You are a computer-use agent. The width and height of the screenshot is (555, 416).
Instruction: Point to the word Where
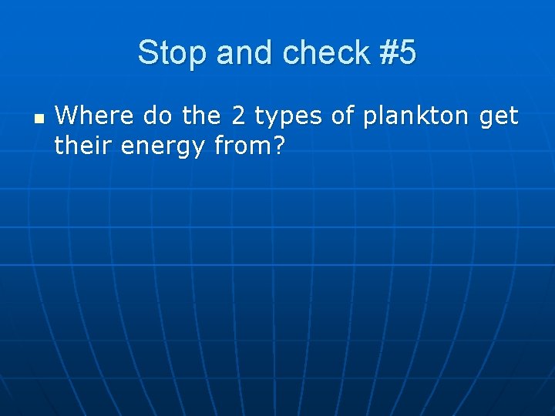tap(87, 117)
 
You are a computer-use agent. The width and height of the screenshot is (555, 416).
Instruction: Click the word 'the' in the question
tap(201, 117)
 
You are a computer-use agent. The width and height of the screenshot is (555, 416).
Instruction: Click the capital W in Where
tap(67, 117)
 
